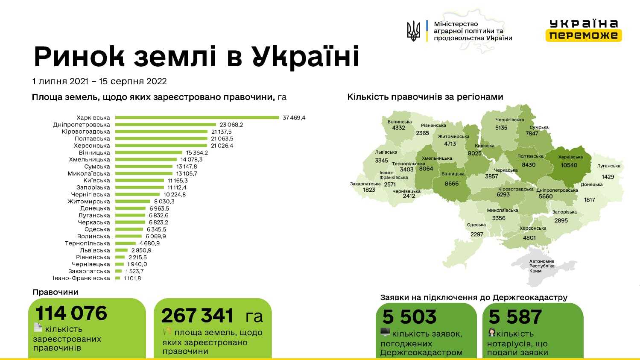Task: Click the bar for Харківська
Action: coord(196,117)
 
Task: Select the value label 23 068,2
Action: coord(231,125)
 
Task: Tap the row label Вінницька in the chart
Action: coord(94,152)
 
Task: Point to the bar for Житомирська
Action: coord(133,202)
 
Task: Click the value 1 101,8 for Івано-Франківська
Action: coord(132,278)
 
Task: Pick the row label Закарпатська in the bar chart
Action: coord(89,271)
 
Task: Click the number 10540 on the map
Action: coord(569,165)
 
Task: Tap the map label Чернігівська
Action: coord(509,120)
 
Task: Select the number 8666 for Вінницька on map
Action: coord(452,184)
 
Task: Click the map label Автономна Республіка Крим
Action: coord(541,266)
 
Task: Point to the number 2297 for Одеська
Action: coord(476,234)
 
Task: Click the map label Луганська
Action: coord(608,166)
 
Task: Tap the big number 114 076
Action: coord(71,313)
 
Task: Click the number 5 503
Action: coord(409,317)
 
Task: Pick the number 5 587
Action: coord(515,317)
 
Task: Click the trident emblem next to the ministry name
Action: coord(413,31)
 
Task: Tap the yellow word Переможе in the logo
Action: coord(583,35)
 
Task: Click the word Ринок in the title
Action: coord(79,57)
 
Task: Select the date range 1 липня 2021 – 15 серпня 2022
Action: coord(99,81)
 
